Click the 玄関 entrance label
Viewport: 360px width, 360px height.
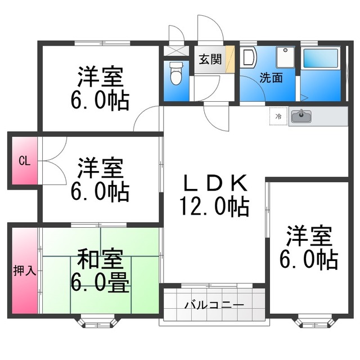click(x=210, y=58)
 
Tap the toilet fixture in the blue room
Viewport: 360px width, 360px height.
click(x=175, y=74)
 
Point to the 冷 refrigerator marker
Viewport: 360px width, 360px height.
click(x=278, y=116)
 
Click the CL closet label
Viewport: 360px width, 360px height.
click(x=24, y=161)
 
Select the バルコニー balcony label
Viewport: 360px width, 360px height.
click(x=215, y=305)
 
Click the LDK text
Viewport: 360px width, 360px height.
click(x=214, y=183)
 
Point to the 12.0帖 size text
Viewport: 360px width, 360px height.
click(x=214, y=208)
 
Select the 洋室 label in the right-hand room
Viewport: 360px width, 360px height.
click(x=308, y=235)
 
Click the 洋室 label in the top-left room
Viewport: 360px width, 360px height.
click(x=100, y=76)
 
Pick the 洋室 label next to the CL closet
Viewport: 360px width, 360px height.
click(x=100, y=167)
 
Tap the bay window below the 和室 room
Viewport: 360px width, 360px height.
click(x=97, y=322)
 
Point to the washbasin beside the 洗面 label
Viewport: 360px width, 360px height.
click(x=248, y=58)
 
